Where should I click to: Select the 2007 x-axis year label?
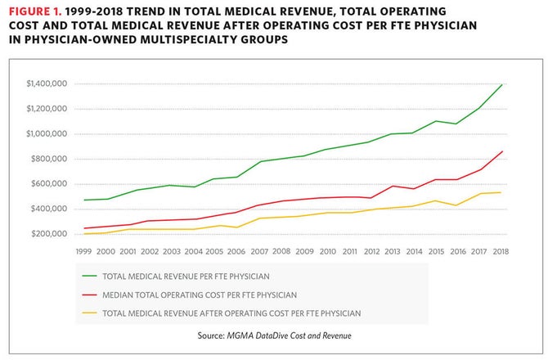(x=260, y=252)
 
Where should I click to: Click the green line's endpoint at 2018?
(x=501, y=85)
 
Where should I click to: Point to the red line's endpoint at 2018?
(x=501, y=151)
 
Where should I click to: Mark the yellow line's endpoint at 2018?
(x=501, y=192)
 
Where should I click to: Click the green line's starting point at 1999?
(x=85, y=200)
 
